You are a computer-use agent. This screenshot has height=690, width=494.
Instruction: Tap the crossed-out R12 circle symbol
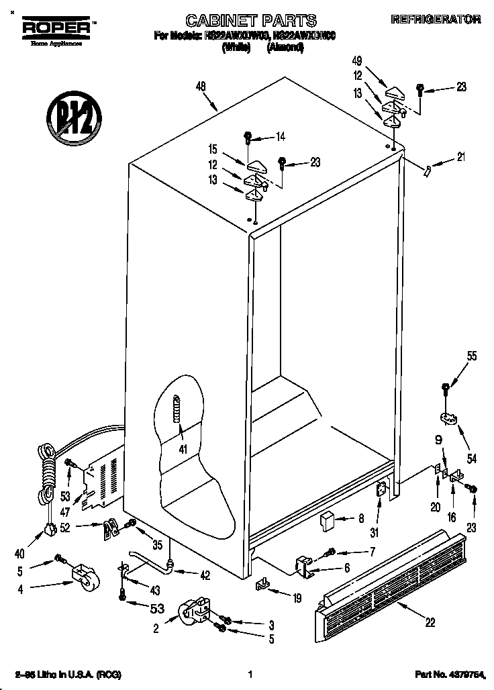[74, 119]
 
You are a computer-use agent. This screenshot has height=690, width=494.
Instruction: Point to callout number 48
[201, 86]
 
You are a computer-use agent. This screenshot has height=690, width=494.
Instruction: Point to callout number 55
[473, 356]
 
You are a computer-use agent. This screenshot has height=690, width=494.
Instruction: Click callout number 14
[280, 137]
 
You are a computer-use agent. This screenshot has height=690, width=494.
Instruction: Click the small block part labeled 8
[327, 520]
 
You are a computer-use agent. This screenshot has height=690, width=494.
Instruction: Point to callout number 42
[205, 574]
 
